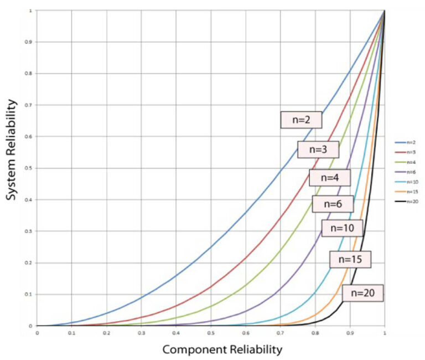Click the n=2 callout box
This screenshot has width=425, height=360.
point(301,119)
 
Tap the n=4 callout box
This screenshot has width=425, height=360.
point(330,178)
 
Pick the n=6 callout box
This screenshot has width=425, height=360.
point(333,204)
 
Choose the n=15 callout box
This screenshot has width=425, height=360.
point(350,259)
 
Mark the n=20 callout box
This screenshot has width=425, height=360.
point(362,293)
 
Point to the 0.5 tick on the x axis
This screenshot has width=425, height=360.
point(211,333)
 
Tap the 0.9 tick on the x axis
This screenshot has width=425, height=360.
point(350,333)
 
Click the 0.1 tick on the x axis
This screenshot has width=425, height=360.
point(71,333)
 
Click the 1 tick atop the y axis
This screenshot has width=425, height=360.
point(31,10)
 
